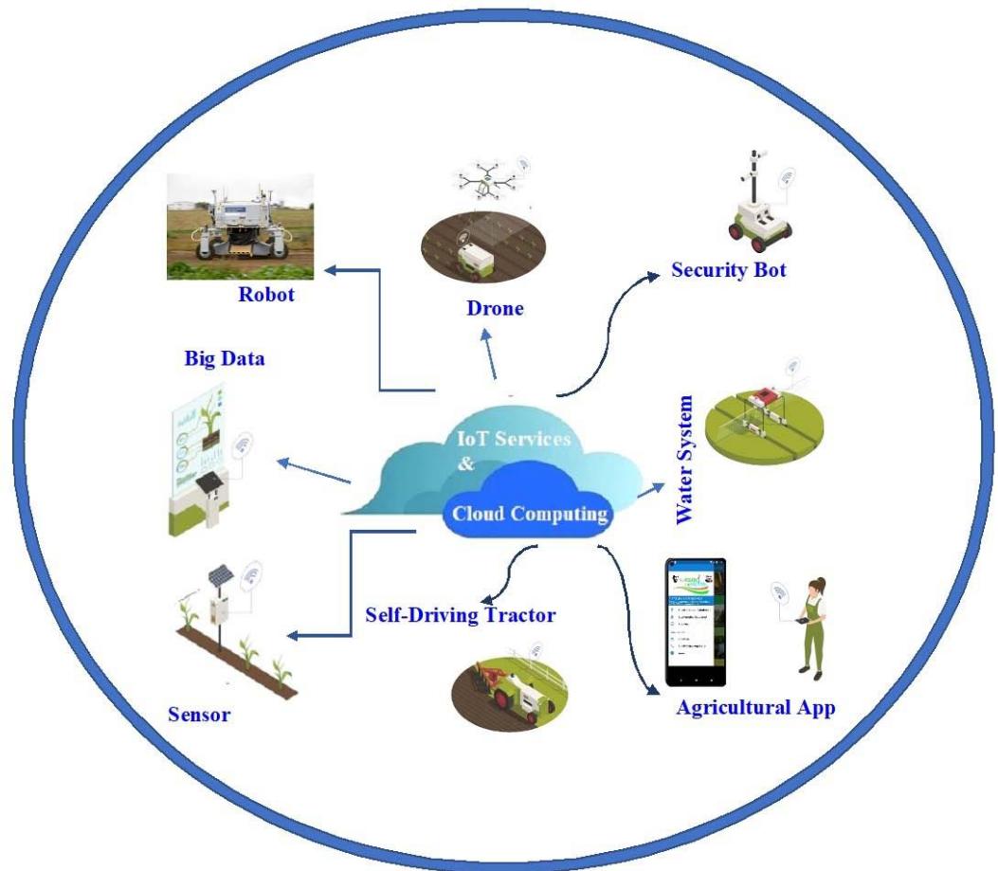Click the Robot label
coord(266,295)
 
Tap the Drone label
coord(495,308)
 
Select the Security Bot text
coord(729,270)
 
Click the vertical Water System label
coord(686,459)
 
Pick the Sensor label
coord(199,714)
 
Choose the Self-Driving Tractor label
coord(461,614)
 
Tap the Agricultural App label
coord(755,708)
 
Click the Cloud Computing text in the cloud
coord(529,515)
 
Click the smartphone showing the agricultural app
coord(695,622)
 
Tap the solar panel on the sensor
coord(220,576)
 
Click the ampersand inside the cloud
coord(464,464)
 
